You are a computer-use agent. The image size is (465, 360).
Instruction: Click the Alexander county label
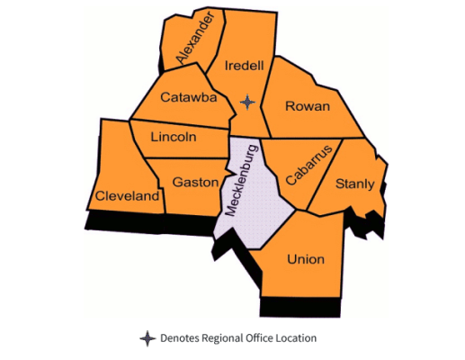(x=198, y=38)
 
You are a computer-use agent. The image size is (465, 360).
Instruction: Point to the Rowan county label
(x=307, y=106)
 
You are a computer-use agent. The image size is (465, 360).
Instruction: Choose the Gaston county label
(x=195, y=182)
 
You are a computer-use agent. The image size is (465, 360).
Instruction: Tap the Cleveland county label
(x=127, y=195)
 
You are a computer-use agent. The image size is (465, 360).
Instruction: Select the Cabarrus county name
(x=309, y=164)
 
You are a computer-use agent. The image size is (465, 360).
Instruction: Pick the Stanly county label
(x=354, y=184)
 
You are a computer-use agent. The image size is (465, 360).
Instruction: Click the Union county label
(x=305, y=259)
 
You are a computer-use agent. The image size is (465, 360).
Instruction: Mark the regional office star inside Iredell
(x=248, y=103)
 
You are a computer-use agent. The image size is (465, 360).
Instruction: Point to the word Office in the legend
(x=260, y=338)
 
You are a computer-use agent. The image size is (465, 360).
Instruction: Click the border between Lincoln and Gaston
(x=184, y=157)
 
